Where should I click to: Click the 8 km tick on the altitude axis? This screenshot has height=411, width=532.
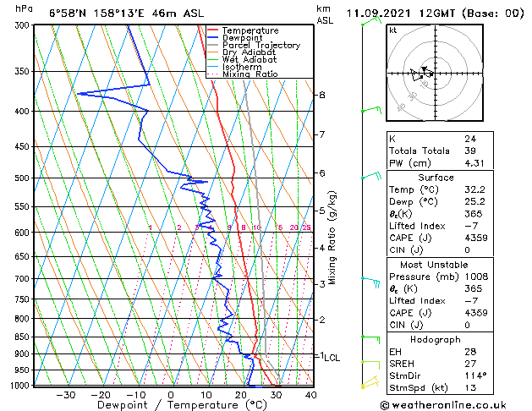click(321, 95)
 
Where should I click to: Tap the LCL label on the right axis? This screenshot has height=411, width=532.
click(332, 358)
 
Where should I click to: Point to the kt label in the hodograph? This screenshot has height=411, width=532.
click(393, 30)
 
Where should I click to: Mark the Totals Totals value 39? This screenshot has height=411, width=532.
click(469, 151)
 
